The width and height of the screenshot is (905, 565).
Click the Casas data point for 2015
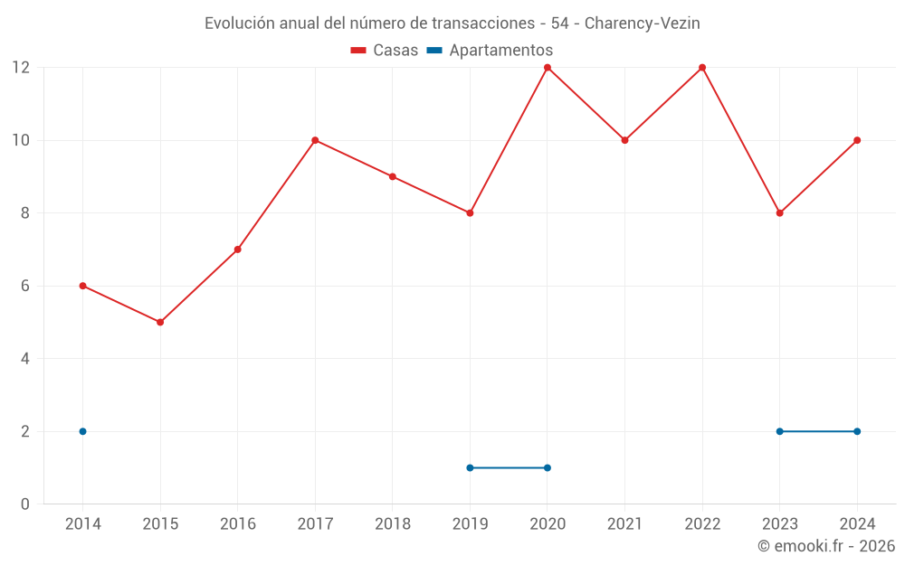(160, 322)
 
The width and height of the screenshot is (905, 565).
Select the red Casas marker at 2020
(548, 68)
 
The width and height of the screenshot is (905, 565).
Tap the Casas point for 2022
(702, 68)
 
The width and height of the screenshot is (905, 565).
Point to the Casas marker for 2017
(315, 140)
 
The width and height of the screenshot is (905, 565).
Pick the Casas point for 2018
(393, 176)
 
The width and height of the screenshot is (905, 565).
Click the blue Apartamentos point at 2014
(82, 431)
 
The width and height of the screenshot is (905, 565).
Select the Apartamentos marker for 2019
(470, 467)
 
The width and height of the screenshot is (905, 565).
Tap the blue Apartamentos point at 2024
(857, 431)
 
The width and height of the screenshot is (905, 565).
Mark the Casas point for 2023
(779, 213)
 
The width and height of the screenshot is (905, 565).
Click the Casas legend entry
(385, 51)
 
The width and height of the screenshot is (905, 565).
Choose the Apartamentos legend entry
(490, 51)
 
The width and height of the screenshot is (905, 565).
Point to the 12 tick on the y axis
(21, 68)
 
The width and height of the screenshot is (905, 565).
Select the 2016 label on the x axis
(238, 524)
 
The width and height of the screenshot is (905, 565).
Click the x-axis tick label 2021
(624, 524)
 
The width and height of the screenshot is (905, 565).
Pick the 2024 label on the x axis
(857, 524)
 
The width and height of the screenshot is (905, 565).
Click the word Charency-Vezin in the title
(643, 24)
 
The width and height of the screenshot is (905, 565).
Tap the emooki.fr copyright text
(826, 546)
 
